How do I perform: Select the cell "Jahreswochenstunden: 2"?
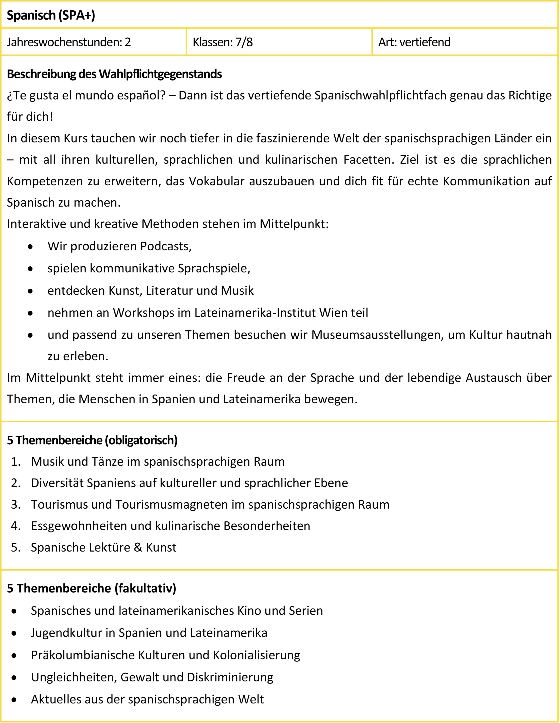[69, 42]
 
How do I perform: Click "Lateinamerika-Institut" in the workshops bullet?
[255, 313]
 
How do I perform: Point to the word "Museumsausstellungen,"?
[377, 335]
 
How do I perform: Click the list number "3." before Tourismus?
[16, 505]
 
